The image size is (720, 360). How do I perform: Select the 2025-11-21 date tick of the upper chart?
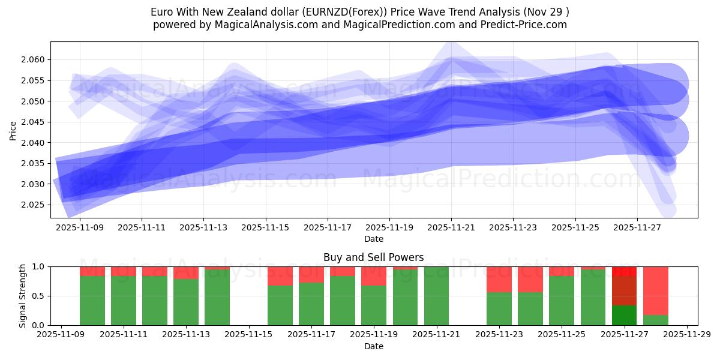[x=451, y=228]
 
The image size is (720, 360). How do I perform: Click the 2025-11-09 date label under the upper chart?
[x=79, y=228]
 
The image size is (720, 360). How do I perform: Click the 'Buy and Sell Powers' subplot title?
[x=373, y=257]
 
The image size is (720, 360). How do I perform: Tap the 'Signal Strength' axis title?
[x=23, y=296]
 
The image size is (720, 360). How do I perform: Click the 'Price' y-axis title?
[x=13, y=130]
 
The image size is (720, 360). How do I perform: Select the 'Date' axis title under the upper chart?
[x=373, y=239]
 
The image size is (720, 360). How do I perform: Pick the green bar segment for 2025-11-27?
[x=624, y=315]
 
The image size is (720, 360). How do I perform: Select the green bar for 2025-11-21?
[x=436, y=296]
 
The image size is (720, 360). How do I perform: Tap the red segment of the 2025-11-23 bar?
[x=499, y=279]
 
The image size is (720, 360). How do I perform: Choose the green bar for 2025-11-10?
[x=92, y=300]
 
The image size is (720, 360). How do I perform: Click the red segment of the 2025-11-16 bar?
[x=280, y=276]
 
